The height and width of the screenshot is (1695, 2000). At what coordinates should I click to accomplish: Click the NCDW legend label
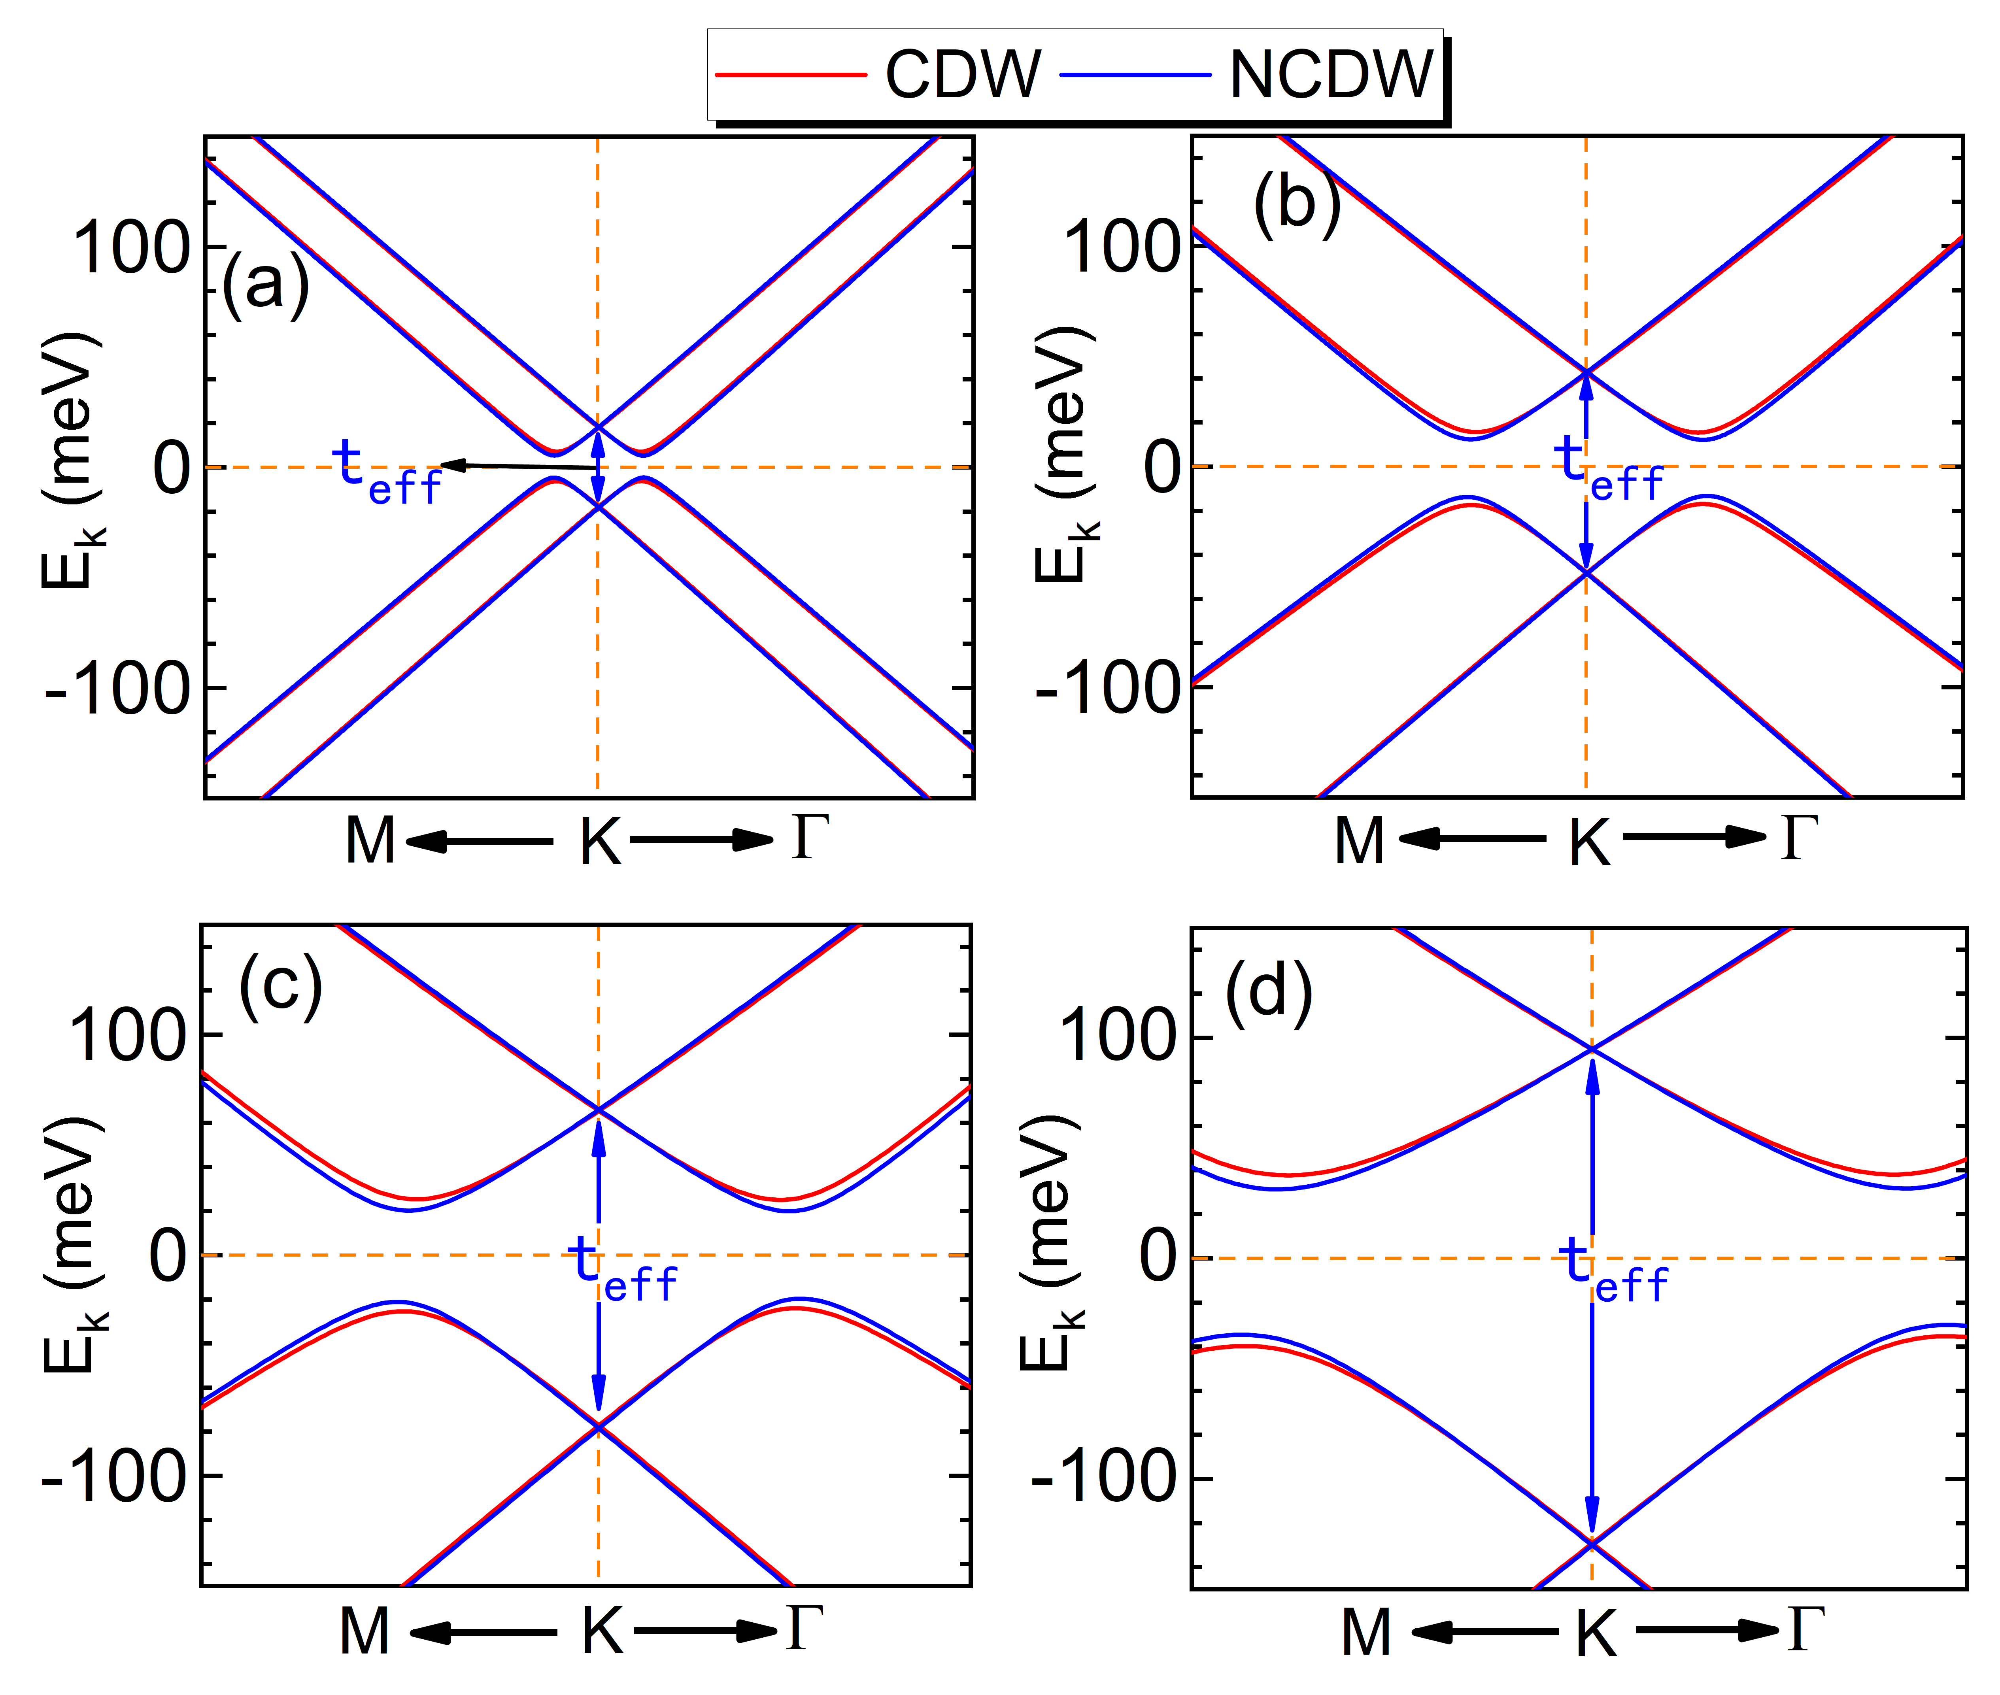pos(1331,75)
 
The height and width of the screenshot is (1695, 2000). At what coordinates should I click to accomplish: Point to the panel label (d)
pos(1269,991)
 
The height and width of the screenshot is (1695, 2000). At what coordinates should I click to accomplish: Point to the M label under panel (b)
pos(1359,842)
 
